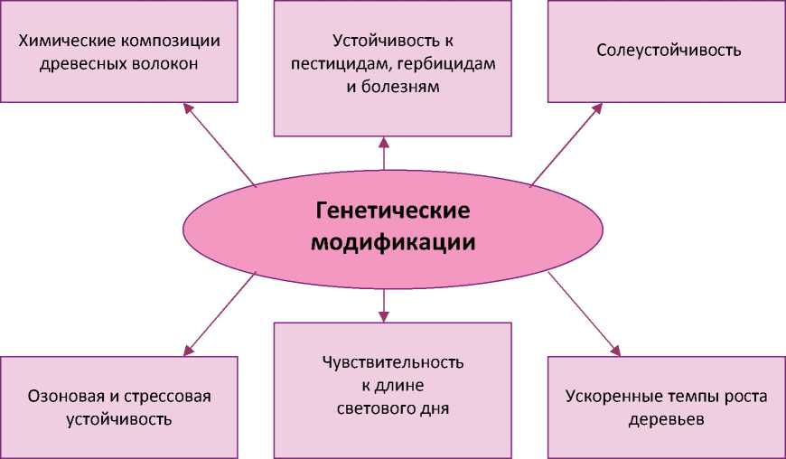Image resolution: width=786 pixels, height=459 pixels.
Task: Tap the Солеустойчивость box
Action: tap(669, 51)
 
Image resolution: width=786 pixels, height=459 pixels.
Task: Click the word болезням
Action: tap(406, 89)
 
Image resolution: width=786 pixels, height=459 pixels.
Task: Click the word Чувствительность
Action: tap(393, 363)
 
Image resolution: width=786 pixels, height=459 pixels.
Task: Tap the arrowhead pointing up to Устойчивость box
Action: tap(384, 142)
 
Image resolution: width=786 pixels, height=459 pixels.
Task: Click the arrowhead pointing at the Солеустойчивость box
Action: tap(598, 108)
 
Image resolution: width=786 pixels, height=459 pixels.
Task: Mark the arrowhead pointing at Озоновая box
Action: tap(188, 351)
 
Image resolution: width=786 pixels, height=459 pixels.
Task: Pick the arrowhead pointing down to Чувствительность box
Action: tap(384, 316)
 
